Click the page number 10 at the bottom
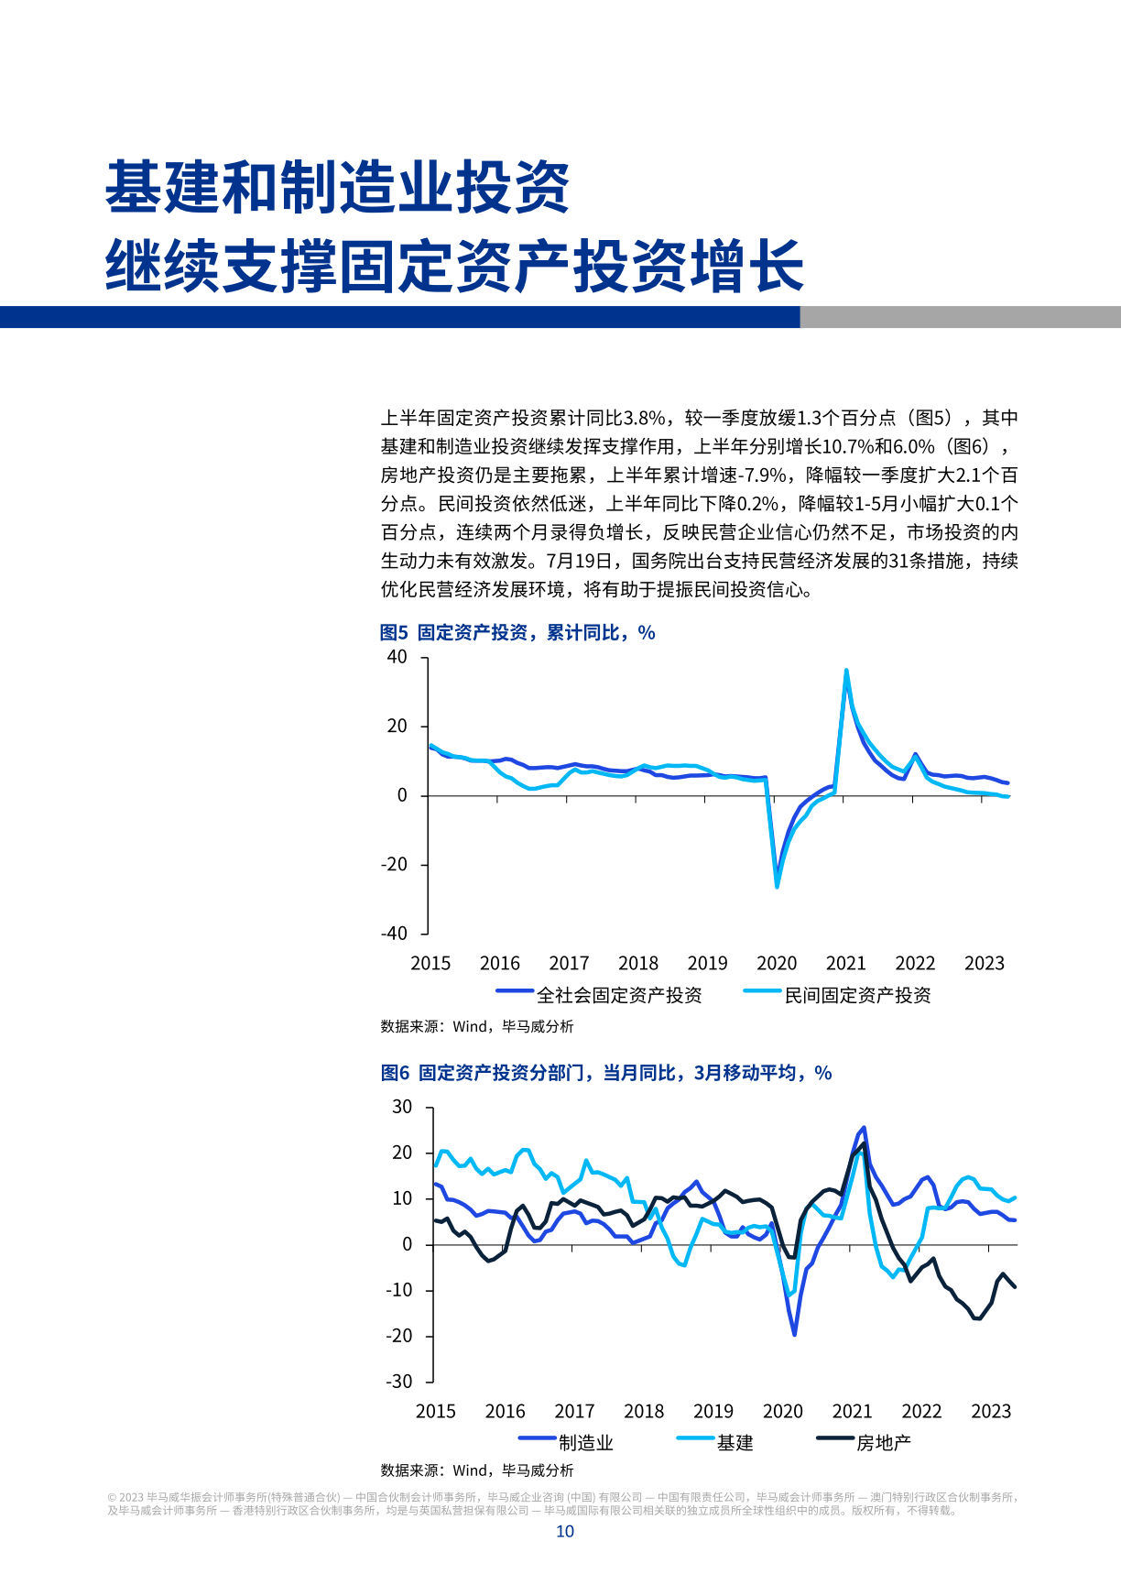(x=565, y=1532)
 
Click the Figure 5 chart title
(x=517, y=633)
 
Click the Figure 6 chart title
(x=606, y=1073)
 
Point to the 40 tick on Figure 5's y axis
(x=397, y=657)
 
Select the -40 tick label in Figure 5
(x=394, y=934)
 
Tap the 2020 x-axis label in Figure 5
(x=777, y=964)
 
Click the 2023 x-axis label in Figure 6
(x=991, y=1412)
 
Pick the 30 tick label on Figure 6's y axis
(x=402, y=1107)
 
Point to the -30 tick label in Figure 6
(x=398, y=1382)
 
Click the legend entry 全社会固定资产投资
(x=619, y=995)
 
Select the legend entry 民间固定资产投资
(x=857, y=995)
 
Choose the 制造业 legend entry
(x=585, y=1443)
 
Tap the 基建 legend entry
(x=735, y=1443)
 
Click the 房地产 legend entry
(x=883, y=1443)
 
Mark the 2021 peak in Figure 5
(x=846, y=670)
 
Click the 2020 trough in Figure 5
(x=778, y=886)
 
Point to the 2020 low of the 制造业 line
(x=794, y=1334)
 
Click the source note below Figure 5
(x=477, y=1027)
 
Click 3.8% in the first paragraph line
(x=644, y=419)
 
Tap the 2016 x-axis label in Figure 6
(x=505, y=1412)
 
